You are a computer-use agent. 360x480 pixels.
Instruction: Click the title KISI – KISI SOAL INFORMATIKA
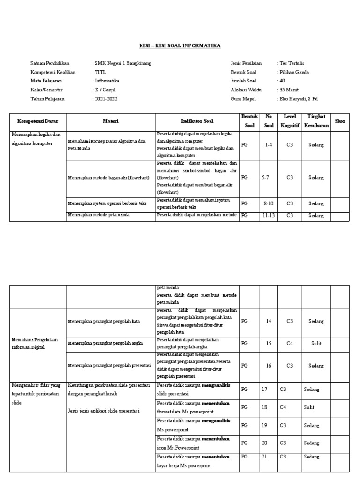pyautogui.click(x=180, y=46)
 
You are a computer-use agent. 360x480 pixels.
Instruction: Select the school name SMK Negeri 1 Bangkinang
pyautogui.click(x=123, y=63)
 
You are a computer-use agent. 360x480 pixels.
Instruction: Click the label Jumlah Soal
pyautogui.click(x=243, y=81)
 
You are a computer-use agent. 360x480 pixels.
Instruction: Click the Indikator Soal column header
pyautogui.click(x=197, y=121)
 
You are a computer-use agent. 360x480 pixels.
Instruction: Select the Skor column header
pyautogui.click(x=340, y=121)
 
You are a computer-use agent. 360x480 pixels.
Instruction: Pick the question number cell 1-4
pyautogui.click(x=268, y=145)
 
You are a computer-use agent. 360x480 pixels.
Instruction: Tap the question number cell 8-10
pyautogui.click(x=268, y=204)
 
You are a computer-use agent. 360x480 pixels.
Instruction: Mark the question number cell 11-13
pyautogui.click(x=268, y=216)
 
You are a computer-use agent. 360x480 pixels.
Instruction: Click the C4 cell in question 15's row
pyautogui.click(x=290, y=344)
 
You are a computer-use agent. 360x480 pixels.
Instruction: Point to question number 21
pyautogui.click(x=265, y=457)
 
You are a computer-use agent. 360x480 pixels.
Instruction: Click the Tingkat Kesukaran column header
pyautogui.click(x=316, y=121)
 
